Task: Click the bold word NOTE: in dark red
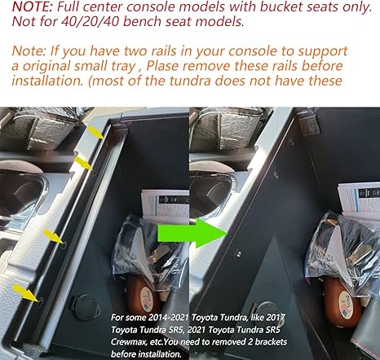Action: tap(33, 7)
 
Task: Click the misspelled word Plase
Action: tap(165, 66)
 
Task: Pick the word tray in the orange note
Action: tap(122, 67)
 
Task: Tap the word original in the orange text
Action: tap(46, 67)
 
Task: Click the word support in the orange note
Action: tap(323, 52)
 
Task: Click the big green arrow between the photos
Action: tap(192, 233)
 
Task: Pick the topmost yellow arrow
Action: tap(96, 133)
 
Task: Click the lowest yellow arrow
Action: tap(28, 292)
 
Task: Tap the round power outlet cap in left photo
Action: tap(86, 308)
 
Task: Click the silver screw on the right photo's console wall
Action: tap(238, 253)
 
